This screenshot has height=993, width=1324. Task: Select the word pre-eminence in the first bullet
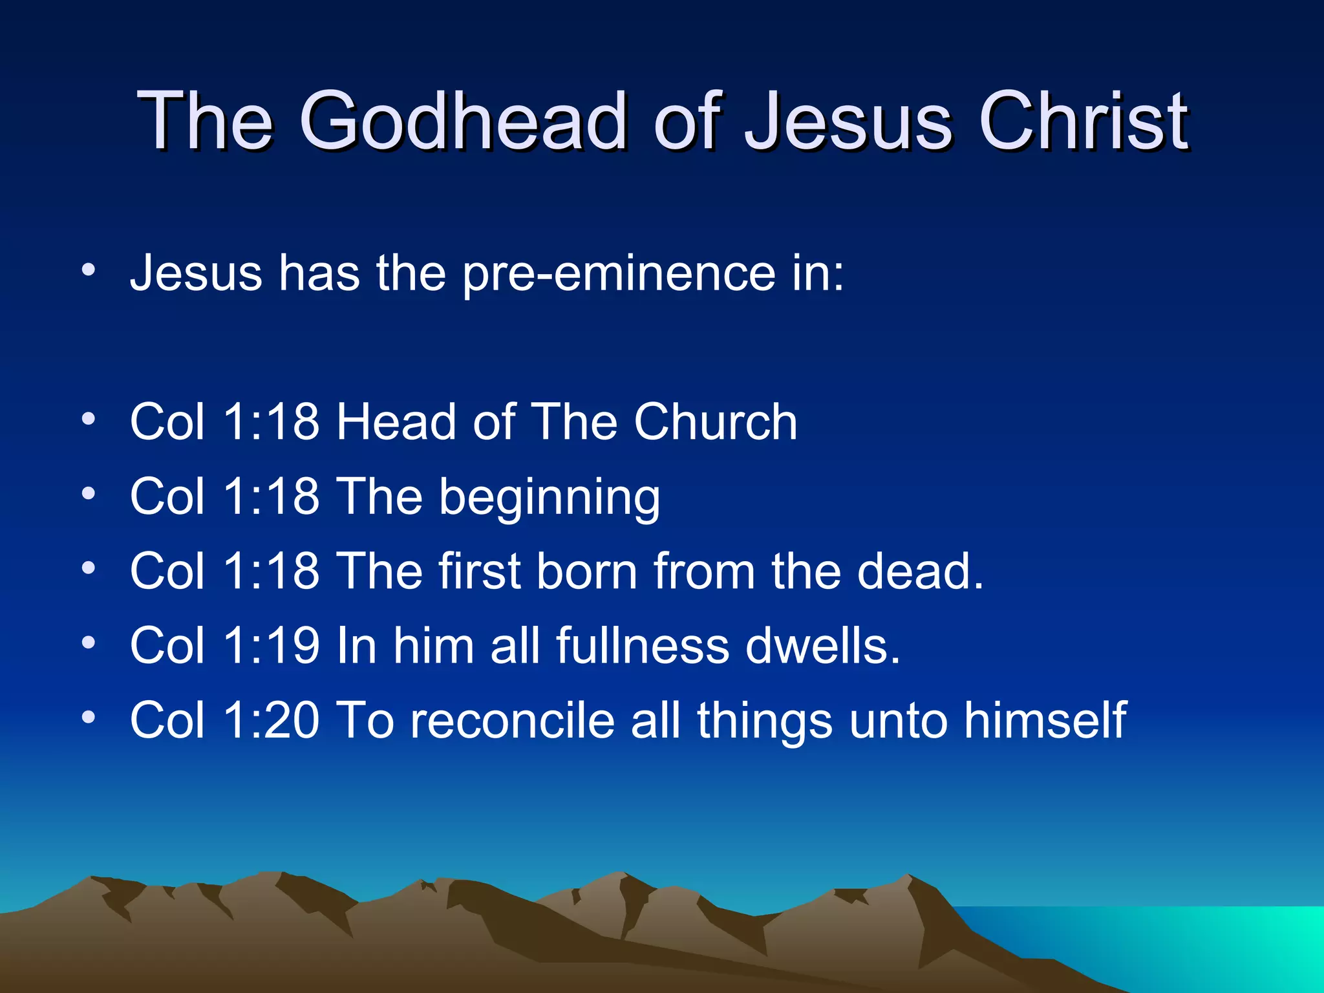618,274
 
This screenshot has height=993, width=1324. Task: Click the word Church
715,422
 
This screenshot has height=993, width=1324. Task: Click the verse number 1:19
271,646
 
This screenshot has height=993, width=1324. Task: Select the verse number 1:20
271,720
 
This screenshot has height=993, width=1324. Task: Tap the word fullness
642,646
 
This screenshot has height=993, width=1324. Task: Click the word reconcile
512,720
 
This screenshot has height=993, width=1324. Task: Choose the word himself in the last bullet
1045,720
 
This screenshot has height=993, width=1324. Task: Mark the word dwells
822,646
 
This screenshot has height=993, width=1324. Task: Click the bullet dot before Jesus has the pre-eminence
89,270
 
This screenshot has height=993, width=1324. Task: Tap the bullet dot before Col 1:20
89,717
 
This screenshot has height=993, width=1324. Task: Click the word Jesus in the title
848,121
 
